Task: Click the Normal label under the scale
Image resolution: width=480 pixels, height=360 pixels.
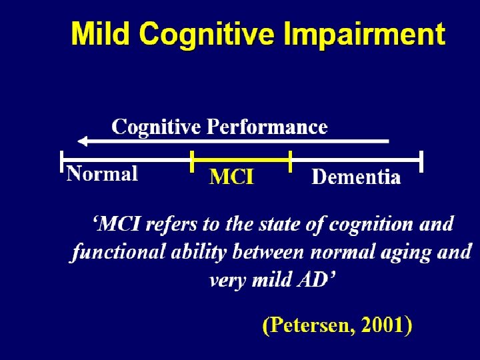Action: point(102,174)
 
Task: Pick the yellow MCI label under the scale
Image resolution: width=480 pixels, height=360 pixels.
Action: point(231,177)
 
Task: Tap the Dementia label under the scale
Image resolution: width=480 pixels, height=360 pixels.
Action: point(356,177)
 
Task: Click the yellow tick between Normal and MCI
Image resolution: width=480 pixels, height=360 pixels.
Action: point(192,161)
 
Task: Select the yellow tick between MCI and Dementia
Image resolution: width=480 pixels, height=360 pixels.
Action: point(291,161)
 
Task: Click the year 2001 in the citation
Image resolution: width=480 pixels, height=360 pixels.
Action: point(382,325)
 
